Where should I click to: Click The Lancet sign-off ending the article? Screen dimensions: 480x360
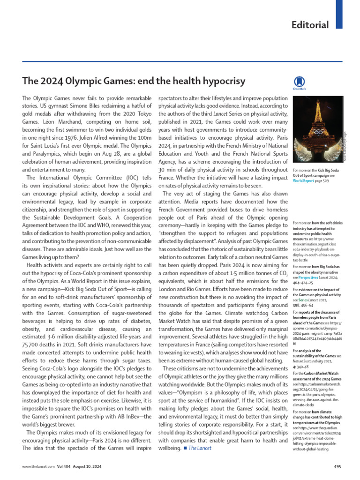[x=200, y=448]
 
